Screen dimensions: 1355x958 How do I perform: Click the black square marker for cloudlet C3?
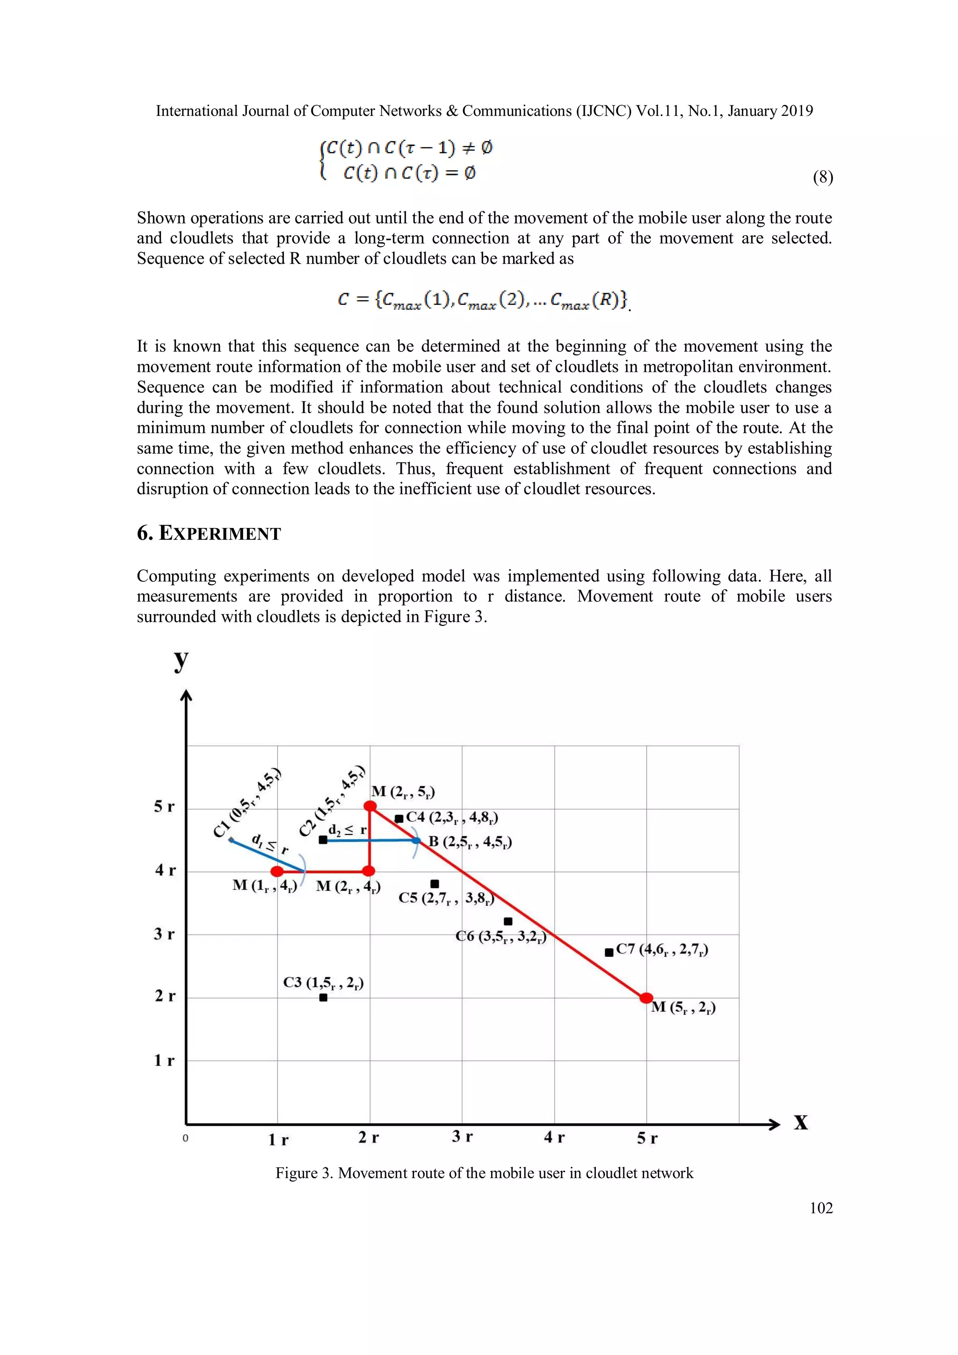(323, 997)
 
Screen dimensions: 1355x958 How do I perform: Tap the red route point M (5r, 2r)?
(646, 998)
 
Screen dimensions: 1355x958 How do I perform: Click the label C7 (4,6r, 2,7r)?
(662, 949)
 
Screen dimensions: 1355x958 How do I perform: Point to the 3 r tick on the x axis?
(462, 1137)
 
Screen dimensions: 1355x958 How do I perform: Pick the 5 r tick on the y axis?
(164, 806)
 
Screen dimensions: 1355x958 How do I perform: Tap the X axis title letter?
(800, 1123)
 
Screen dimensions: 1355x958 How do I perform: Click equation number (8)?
(822, 177)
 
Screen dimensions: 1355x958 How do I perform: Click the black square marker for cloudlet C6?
(508, 921)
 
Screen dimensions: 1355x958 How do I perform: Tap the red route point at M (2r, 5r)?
(370, 806)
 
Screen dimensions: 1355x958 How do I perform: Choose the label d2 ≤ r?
(347, 829)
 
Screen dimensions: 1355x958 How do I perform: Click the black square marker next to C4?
(399, 819)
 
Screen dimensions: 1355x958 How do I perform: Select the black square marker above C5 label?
(435, 884)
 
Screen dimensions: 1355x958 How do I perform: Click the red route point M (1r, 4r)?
(277, 871)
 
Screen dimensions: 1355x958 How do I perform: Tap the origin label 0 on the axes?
(185, 1138)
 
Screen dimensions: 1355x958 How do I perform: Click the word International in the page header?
(196, 111)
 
